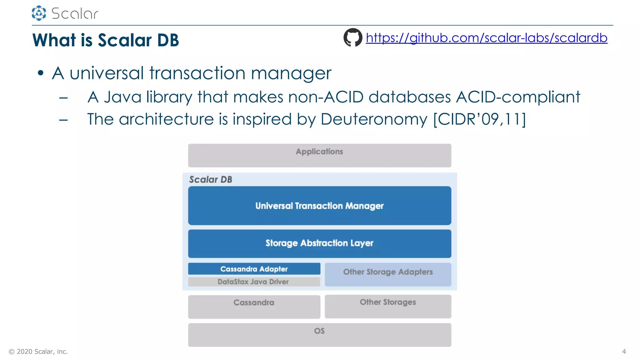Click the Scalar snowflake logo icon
click(x=39, y=13)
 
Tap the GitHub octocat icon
click(x=353, y=37)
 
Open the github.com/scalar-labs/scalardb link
click(x=487, y=38)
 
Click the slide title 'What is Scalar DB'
click(x=106, y=40)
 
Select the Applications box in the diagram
click(x=319, y=155)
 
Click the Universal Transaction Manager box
click(x=319, y=206)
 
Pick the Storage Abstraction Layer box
click(x=319, y=243)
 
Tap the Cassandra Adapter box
click(x=254, y=269)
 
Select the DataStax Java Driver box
click(x=254, y=282)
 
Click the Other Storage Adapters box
click(x=388, y=274)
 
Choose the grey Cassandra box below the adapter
click(x=254, y=307)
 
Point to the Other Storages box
click(x=388, y=306)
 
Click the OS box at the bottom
click(x=319, y=335)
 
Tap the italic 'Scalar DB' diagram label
click(x=211, y=179)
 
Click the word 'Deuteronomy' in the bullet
click(x=374, y=119)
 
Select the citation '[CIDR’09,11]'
click(x=480, y=119)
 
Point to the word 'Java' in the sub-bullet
click(x=122, y=97)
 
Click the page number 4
click(x=624, y=352)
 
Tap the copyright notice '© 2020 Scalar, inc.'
click(x=38, y=352)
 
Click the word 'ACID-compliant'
click(x=518, y=97)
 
